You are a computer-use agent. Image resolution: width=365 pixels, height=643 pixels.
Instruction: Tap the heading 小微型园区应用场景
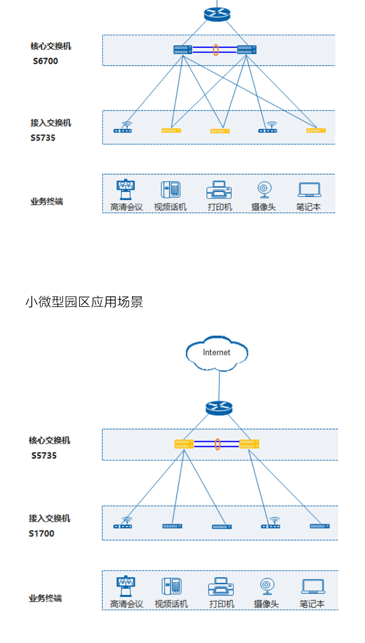[84, 302]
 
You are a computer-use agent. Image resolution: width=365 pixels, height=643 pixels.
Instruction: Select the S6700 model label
[45, 61]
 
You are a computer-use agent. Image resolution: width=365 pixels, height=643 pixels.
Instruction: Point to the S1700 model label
[41, 534]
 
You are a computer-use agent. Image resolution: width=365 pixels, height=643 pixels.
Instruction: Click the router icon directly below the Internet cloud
[219, 408]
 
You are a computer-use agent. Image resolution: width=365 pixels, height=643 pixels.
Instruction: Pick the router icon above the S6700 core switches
[217, 14]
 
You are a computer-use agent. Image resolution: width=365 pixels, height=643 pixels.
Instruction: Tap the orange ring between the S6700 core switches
[215, 50]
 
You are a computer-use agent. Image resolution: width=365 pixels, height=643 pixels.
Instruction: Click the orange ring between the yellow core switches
[218, 444]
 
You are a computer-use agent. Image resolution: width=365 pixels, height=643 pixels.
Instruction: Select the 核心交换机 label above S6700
[51, 46]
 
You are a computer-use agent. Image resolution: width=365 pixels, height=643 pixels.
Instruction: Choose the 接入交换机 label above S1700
[49, 518]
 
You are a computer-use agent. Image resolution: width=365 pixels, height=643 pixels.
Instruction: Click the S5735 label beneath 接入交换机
[43, 138]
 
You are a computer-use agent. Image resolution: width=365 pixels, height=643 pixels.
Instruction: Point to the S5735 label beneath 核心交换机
[44, 456]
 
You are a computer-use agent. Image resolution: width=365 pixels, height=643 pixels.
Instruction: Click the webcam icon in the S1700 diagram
[266, 586]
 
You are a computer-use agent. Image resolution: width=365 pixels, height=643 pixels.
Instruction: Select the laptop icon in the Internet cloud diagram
[313, 586]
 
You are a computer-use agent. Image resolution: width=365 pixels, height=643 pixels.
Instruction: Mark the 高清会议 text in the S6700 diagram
[127, 207]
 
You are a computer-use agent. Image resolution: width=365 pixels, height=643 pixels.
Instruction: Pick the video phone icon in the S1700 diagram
[171, 586]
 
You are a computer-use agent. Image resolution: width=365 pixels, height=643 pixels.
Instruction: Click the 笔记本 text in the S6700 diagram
[309, 207]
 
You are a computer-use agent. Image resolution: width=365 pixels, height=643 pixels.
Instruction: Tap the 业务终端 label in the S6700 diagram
[47, 201]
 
